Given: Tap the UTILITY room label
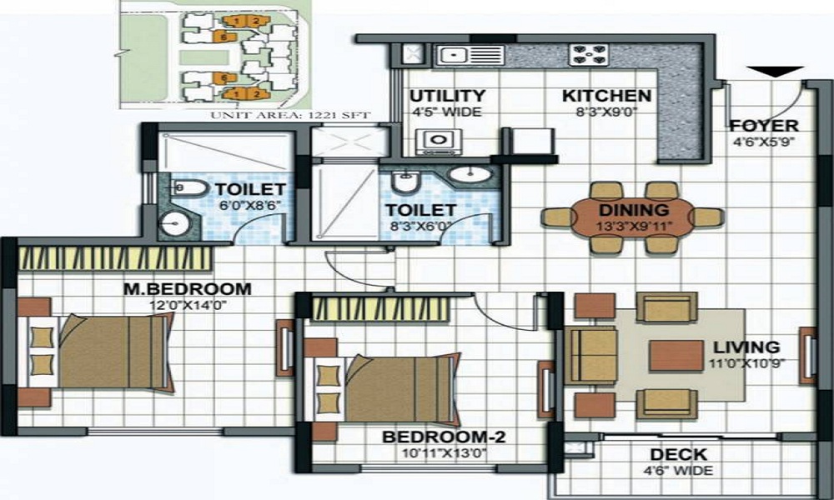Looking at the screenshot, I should (447, 96).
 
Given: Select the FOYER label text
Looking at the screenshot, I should (763, 127).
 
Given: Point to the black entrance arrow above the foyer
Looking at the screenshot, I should (775, 72).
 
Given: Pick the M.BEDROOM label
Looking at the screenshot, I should (187, 289).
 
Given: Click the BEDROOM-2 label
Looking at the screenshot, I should (433, 437).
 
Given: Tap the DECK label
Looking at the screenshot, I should (679, 455).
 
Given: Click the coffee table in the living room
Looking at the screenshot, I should (676, 355).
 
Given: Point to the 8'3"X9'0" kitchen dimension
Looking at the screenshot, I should (606, 111).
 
